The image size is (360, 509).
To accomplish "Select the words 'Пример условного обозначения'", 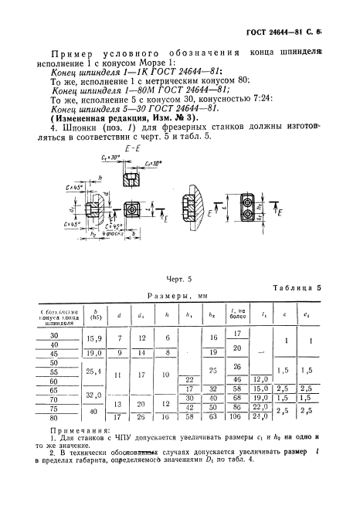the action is pyautogui.click(x=116, y=51).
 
